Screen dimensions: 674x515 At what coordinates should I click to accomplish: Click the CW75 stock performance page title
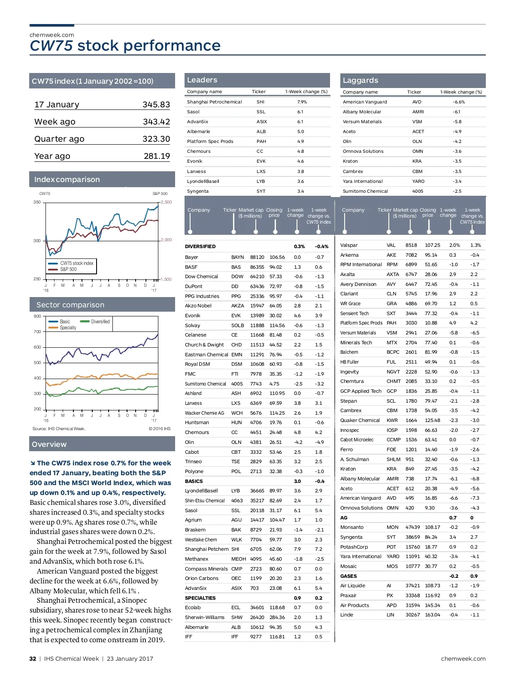pos(125,46)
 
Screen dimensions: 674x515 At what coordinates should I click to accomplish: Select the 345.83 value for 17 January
pos(156,105)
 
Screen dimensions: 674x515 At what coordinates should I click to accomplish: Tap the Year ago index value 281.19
pos(157,156)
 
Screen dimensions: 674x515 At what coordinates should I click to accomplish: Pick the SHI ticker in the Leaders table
pos(261,102)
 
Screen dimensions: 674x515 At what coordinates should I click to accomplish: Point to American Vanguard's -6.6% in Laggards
pos(458,102)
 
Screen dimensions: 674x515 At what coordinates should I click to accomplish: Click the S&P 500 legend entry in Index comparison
pos(68,270)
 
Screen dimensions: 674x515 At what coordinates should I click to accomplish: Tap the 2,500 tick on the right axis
pos(166,202)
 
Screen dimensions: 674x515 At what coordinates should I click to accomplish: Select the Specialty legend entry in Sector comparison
pos(68,328)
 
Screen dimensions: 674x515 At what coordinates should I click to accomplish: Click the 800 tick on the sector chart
pos(37,316)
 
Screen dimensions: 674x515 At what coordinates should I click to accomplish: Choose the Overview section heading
pos(49,444)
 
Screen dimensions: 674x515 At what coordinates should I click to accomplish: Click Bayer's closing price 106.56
pos(277,258)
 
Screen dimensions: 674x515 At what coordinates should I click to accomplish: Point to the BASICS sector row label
pos(194,481)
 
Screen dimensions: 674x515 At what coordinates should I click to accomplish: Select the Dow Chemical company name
pos(201,277)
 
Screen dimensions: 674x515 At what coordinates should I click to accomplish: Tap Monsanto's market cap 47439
pos(412,527)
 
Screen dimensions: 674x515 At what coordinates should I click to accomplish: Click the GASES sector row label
pos(348,576)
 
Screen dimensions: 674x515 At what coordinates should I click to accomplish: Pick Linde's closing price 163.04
pos(432,615)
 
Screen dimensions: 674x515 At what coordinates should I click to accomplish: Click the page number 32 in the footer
pos(33,659)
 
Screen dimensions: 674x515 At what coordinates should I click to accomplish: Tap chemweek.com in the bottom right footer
pos(463,659)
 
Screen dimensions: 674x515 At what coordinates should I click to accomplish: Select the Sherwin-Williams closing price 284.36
pos(277,617)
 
